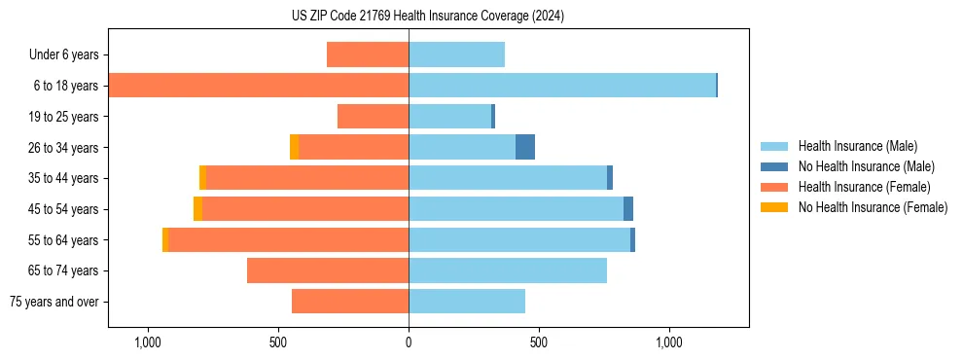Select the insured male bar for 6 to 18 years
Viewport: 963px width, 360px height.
pos(562,86)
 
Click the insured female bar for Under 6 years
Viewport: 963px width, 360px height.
pos(368,54)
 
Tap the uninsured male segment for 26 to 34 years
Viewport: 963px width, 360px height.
pos(525,147)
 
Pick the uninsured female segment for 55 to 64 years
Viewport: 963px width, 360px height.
pos(165,239)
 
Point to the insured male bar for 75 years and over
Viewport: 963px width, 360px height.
pos(467,302)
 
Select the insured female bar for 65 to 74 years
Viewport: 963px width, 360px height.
pos(328,270)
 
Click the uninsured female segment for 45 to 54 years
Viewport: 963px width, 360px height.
pos(197,209)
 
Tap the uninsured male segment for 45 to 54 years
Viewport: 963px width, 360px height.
pos(628,209)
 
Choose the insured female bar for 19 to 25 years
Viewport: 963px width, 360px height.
pos(373,117)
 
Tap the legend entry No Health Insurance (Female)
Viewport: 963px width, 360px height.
pos(873,207)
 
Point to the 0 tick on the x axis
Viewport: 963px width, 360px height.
pos(409,342)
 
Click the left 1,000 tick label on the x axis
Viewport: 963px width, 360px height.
pos(148,342)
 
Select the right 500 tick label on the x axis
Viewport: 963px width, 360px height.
pos(539,342)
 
